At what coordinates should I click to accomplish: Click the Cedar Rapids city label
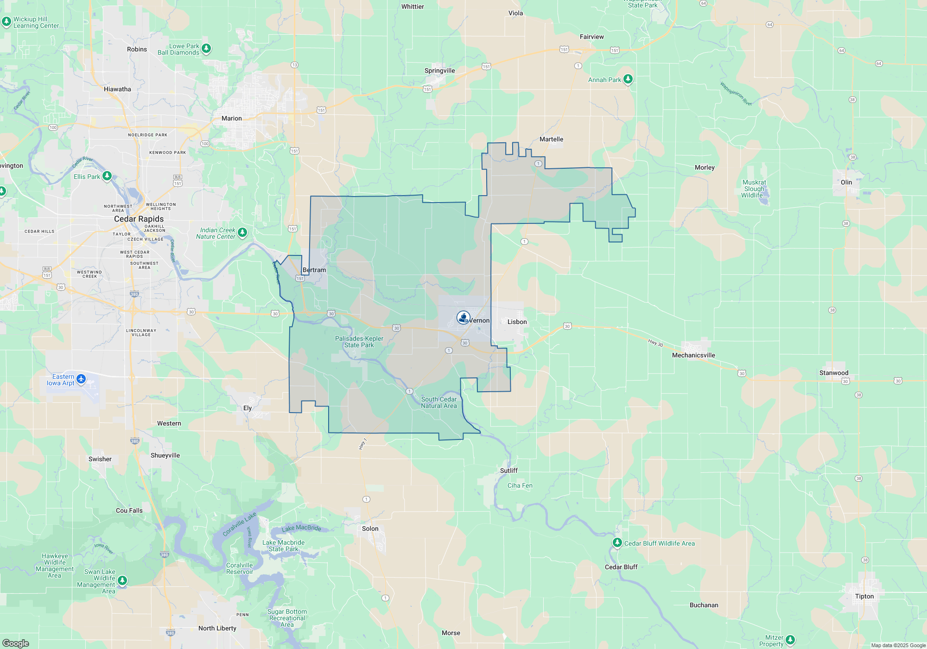[x=139, y=219]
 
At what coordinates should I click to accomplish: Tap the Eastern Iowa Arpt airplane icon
[x=81, y=379]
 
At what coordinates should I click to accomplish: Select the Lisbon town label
[x=517, y=322]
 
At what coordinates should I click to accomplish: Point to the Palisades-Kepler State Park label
[x=359, y=342]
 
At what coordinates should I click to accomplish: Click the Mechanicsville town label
[x=693, y=355]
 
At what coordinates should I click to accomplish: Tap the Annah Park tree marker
[x=628, y=79]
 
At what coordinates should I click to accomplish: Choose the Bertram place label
[x=314, y=270]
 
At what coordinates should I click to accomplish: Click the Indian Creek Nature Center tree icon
[x=242, y=232]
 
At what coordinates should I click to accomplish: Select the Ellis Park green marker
[x=107, y=176]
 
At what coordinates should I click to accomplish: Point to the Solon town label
[x=370, y=528]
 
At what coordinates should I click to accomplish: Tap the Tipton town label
[x=864, y=596]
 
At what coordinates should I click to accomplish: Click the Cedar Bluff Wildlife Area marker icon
[x=617, y=542]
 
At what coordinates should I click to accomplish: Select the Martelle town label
[x=551, y=139]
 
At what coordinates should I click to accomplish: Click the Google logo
[x=16, y=643]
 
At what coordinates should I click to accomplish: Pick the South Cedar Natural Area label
[x=439, y=402]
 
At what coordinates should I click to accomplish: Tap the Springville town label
[x=439, y=70]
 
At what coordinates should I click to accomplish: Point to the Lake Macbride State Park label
[x=283, y=546]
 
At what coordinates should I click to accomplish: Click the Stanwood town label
[x=833, y=373]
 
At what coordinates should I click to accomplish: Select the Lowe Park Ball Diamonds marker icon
[x=206, y=48]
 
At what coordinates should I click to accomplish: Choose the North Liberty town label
[x=217, y=628]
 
